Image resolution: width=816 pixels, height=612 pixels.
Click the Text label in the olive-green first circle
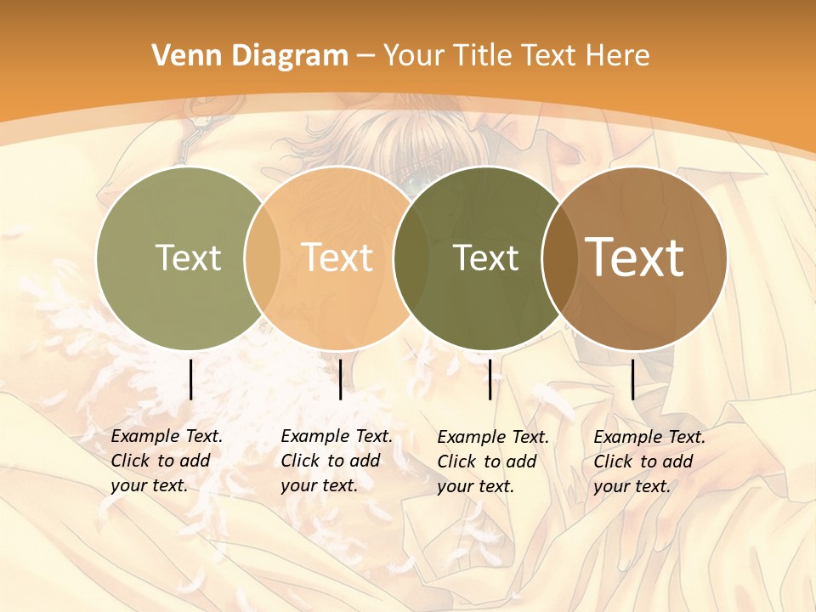coord(188,258)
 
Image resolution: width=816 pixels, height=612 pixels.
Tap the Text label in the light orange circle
coord(337,258)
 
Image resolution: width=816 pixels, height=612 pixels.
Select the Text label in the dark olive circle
coord(486,258)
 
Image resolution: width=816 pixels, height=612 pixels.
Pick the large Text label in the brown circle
coord(635,258)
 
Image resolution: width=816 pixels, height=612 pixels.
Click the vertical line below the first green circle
coord(190,379)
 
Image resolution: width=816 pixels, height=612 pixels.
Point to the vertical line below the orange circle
coord(340,379)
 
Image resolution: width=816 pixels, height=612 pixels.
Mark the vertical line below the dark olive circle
coord(490,379)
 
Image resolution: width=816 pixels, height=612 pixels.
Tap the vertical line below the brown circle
coord(633,379)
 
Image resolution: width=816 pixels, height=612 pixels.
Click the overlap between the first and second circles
coord(263,258)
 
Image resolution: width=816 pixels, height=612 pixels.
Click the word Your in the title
coord(415,56)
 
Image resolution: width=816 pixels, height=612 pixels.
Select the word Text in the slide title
coord(549,56)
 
